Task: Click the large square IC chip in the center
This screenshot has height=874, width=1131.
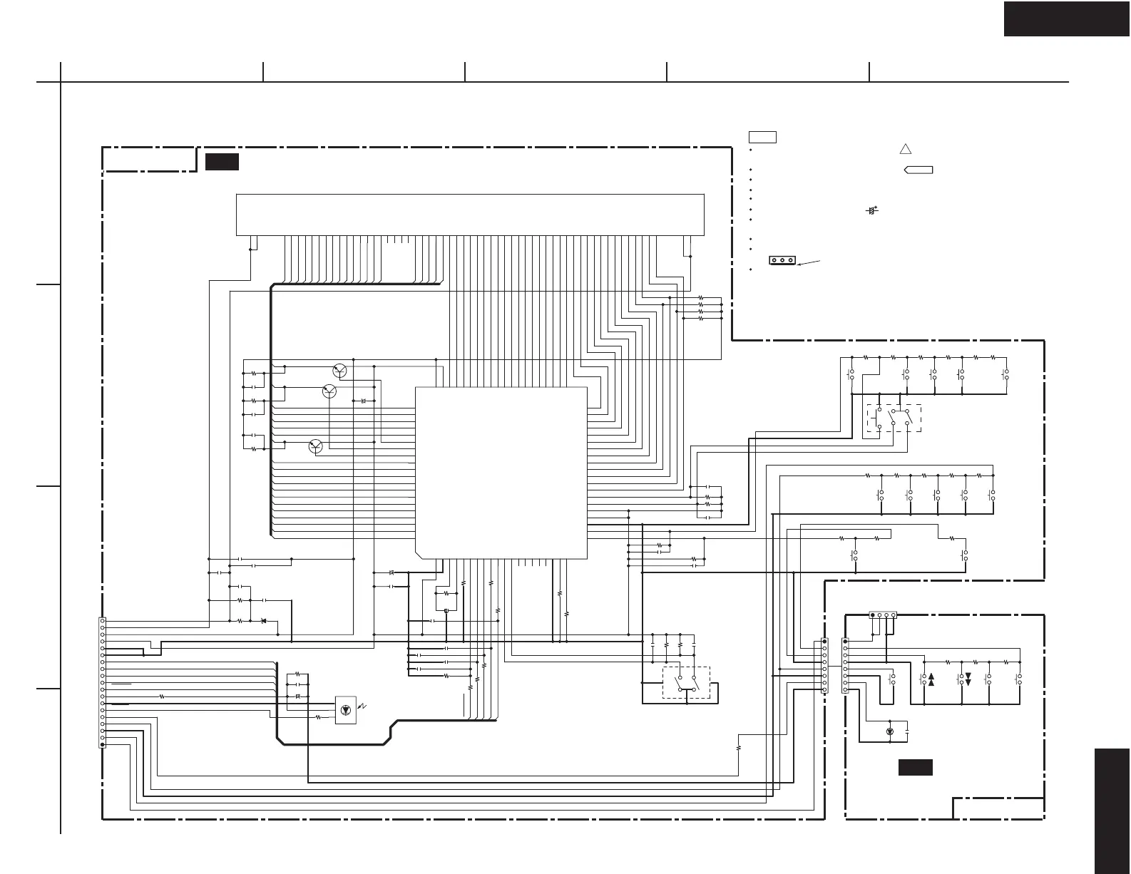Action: click(501, 473)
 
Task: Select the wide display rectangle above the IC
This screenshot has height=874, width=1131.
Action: click(469, 214)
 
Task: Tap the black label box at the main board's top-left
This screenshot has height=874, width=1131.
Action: click(221, 162)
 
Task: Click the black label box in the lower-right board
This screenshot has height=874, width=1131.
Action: click(915, 768)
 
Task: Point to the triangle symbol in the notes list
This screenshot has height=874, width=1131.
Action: click(905, 149)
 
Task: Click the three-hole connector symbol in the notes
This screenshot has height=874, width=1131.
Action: click(782, 260)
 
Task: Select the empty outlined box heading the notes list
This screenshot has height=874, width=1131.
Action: click(762, 137)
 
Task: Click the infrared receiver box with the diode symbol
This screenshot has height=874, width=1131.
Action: click(346, 710)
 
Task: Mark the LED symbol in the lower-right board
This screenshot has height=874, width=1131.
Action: click(889, 732)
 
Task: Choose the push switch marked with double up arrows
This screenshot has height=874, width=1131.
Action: click(928, 679)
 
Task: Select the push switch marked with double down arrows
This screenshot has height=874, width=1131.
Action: click(965, 679)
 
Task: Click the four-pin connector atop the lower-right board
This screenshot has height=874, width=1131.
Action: click(883, 615)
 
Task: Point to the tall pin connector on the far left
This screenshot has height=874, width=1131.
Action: click(103, 682)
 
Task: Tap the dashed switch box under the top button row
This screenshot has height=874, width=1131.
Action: click(894, 418)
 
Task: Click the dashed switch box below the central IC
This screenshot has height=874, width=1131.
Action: click(686, 683)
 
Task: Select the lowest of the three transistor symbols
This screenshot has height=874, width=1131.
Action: click(317, 446)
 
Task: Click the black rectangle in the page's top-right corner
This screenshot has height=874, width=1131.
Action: click(1067, 19)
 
